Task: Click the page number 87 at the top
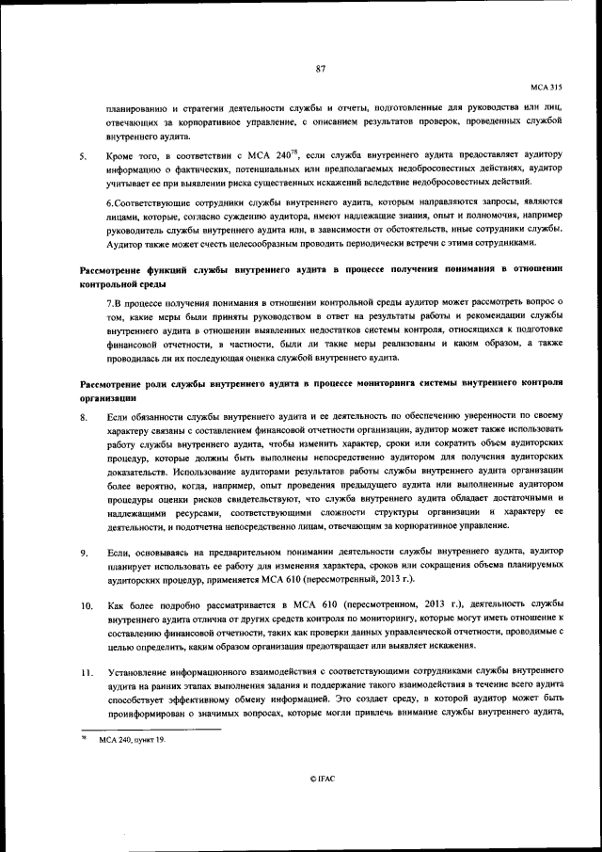320,68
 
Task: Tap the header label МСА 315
546,85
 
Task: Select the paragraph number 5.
84,156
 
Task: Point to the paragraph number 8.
84,416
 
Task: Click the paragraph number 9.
84,554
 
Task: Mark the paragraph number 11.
86,674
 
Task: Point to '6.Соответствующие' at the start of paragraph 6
150,201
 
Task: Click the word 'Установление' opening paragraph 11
139,673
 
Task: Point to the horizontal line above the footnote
150,729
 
